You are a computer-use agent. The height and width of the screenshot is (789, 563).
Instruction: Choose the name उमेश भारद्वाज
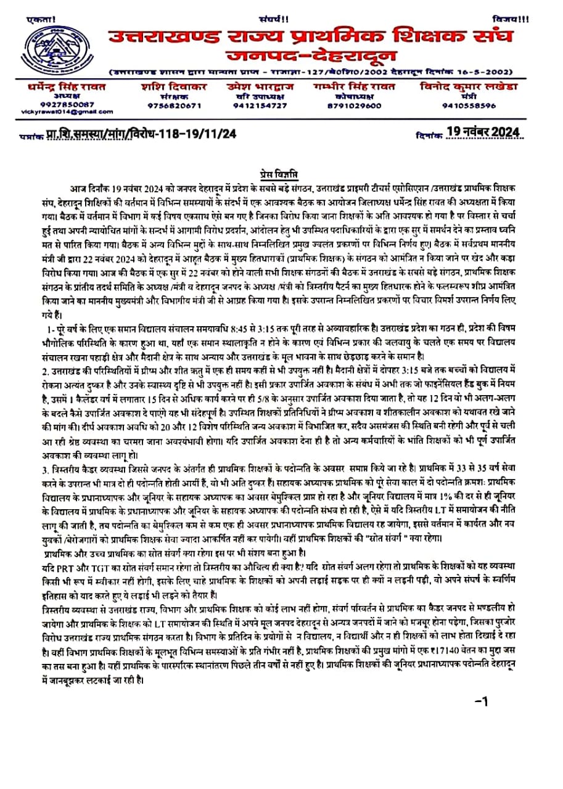pos(260,87)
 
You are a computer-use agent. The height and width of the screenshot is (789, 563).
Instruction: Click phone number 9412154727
pos(260,105)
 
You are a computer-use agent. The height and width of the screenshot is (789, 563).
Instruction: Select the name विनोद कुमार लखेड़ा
pos(469,87)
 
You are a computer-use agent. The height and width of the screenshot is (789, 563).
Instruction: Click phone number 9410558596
pos(469,105)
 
